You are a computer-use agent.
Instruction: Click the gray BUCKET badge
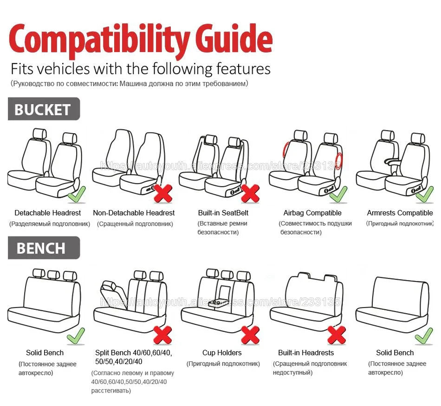pos(43,109)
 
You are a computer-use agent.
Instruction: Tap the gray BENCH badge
pos(43,248)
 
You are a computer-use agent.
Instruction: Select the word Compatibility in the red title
pos(97,41)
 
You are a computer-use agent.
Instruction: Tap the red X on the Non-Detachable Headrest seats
pos(163,193)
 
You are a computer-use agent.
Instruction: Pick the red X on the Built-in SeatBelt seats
pos(250,193)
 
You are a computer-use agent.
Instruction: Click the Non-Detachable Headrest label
pos(134,213)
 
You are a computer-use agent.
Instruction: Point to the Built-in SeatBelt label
pos(223,213)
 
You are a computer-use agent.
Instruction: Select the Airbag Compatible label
pos(312,213)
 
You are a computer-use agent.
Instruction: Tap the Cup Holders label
pos(222,353)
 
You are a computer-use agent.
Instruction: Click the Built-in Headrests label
pos(306,353)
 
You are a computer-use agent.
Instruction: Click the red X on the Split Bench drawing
pos(163,334)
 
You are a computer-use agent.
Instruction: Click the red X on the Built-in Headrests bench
pos(337,334)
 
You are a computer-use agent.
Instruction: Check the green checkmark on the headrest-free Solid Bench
pos(423,335)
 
